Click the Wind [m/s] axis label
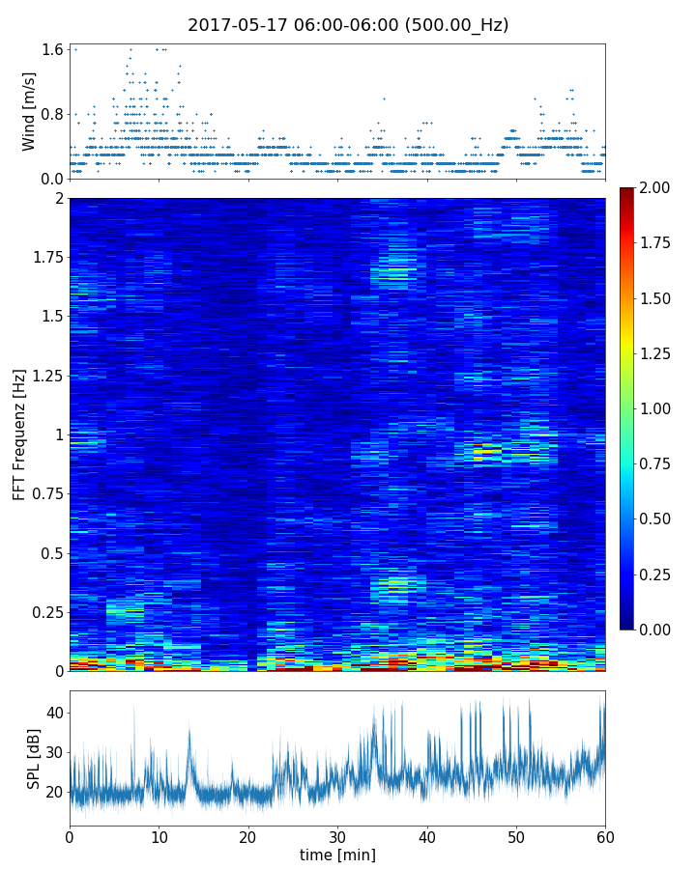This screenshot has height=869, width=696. click(30, 111)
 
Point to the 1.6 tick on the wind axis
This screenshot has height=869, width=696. click(52, 49)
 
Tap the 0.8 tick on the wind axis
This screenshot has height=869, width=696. click(52, 114)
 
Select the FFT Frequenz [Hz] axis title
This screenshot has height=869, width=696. click(19, 434)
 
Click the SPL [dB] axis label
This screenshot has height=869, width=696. click(34, 758)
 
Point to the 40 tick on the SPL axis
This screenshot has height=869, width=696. click(54, 713)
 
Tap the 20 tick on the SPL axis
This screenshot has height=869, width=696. click(54, 792)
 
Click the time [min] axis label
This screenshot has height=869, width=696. click(337, 855)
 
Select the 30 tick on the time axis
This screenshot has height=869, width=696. click(337, 836)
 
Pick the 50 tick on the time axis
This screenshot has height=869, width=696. click(516, 836)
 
